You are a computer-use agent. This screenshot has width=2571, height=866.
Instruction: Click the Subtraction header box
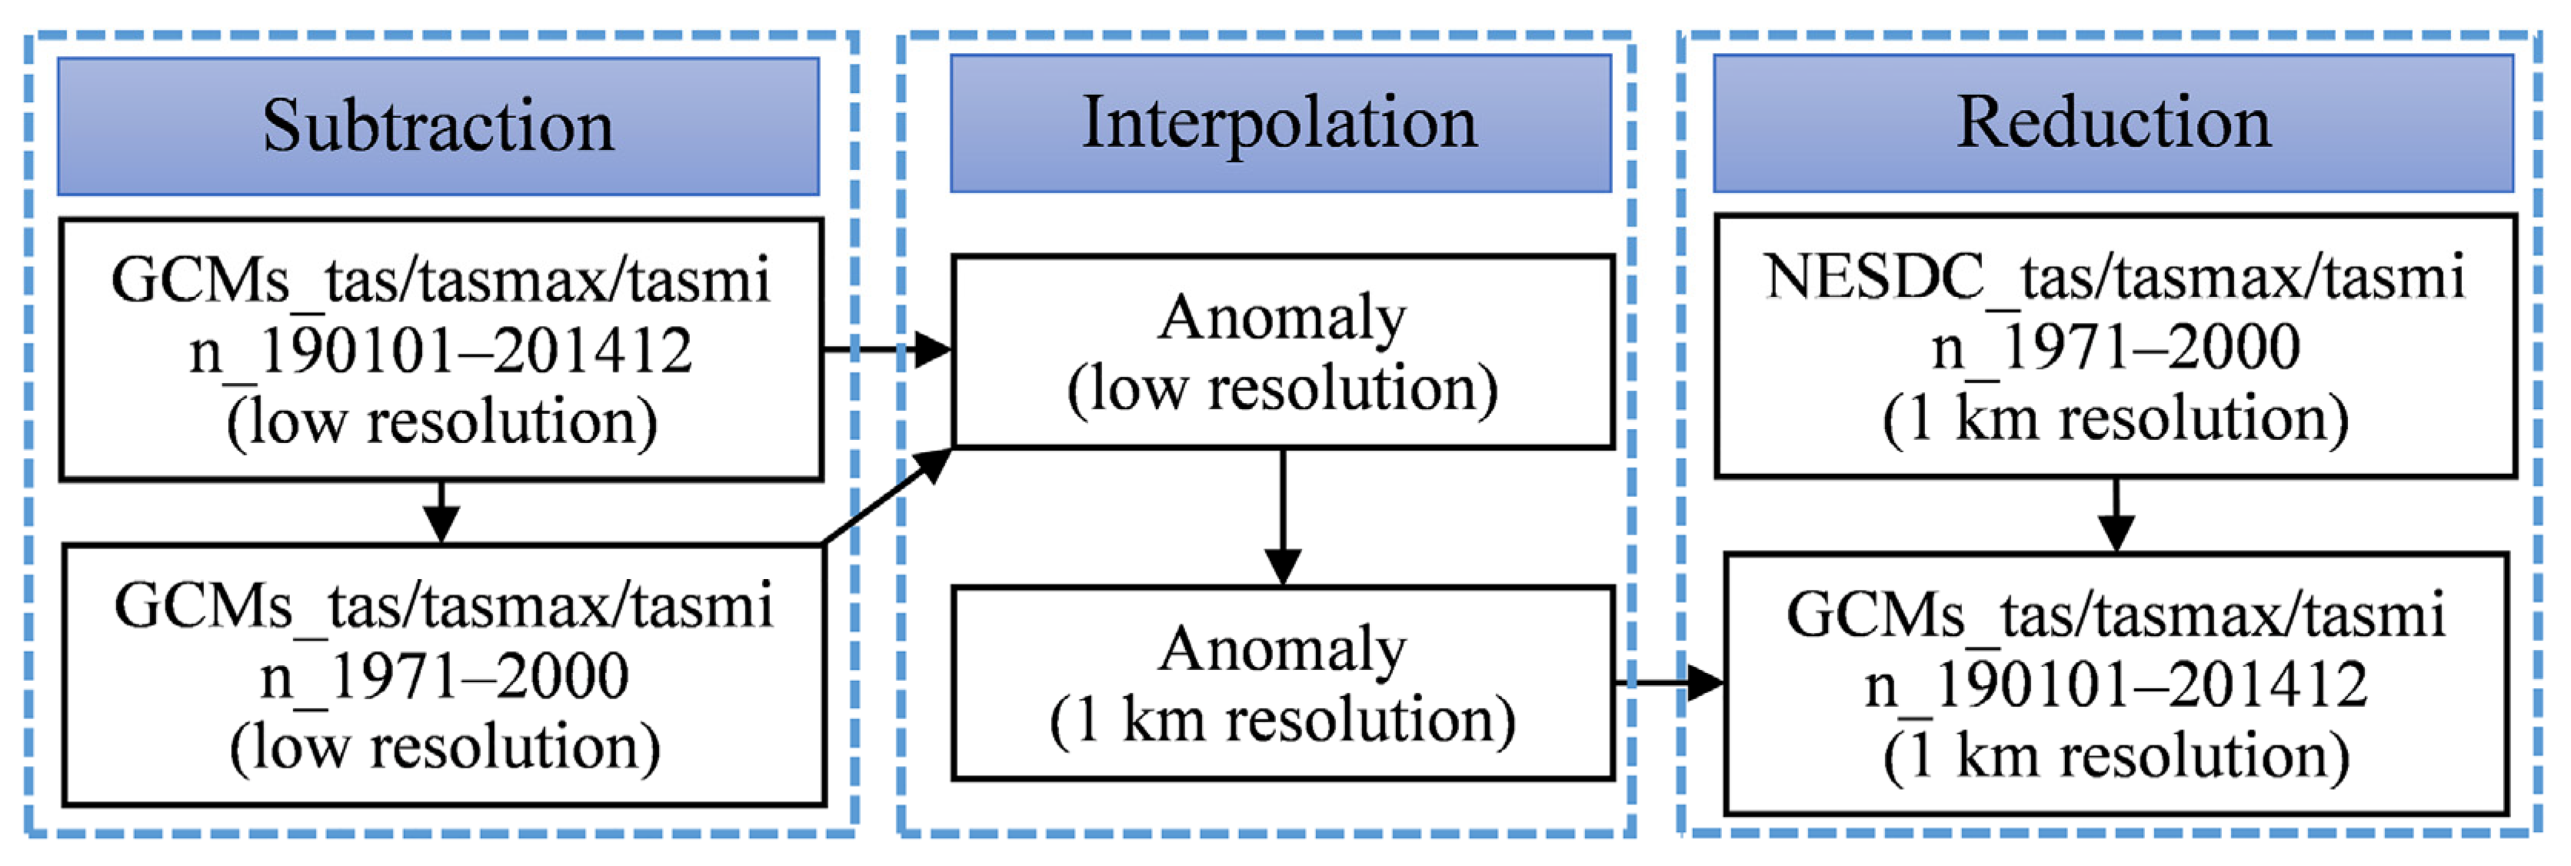(x=438, y=127)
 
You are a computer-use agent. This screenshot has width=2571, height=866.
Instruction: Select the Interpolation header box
(x=1280, y=124)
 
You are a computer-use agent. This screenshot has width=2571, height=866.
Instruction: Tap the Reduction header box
(x=2113, y=124)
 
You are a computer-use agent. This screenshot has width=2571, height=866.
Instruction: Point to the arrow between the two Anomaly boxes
(x=1283, y=519)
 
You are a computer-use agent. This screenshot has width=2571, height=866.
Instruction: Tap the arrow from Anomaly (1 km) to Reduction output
(x=1669, y=684)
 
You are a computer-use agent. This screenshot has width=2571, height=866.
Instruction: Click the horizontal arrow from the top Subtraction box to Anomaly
(x=886, y=349)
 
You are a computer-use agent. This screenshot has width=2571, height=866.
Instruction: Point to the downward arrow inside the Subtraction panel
(x=441, y=511)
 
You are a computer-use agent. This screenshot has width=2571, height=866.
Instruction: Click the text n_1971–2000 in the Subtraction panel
(x=444, y=678)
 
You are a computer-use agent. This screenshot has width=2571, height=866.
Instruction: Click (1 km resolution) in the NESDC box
(x=2116, y=419)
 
